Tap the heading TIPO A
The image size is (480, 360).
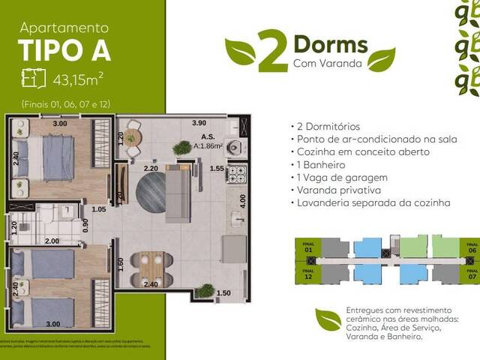[64, 51]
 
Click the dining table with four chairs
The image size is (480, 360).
[150, 265]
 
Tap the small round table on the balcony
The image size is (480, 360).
[132, 136]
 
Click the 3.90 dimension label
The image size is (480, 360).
[199, 121]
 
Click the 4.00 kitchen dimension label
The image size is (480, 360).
[241, 201]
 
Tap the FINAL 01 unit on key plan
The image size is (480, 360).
[307, 247]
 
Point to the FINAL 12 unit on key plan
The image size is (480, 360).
[307, 272]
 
